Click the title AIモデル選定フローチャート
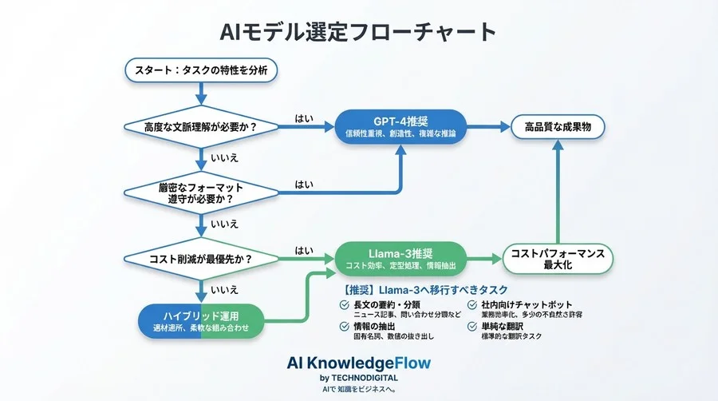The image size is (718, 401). click(358, 31)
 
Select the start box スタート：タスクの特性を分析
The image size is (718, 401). click(201, 70)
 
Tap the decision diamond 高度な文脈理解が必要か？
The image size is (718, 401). click(201, 126)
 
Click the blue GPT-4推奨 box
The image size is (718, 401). click(400, 126)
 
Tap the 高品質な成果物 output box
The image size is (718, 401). click(558, 126)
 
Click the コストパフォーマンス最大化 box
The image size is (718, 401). click(558, 258)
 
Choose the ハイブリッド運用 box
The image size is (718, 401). click(201, 320)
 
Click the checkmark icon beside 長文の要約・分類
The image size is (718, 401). click(345, 305)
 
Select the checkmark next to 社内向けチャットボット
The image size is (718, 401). click(472, 305)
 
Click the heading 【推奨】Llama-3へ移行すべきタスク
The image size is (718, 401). click(424, 289)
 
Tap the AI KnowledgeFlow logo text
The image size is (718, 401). click(358, 363)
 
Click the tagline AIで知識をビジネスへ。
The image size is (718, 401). click(358, 389)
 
